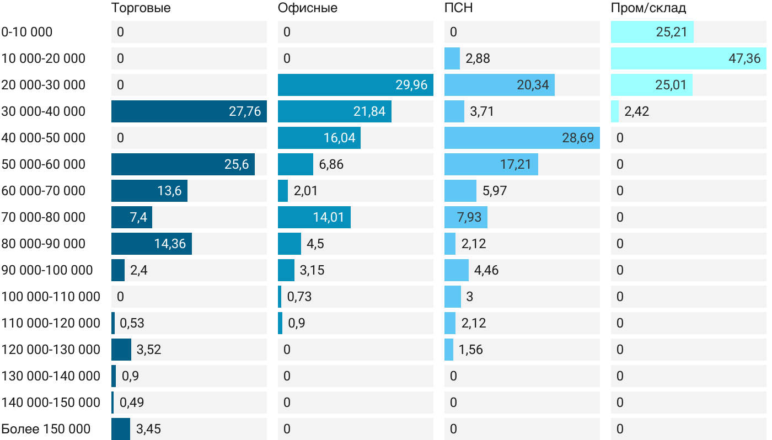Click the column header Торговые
[141, 8]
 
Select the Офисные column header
[308, 8]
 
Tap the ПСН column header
[459, 8]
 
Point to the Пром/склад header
[648, 8]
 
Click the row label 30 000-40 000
[44, 111]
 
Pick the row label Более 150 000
[46, 429]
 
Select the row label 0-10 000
[27, 32]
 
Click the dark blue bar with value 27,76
[189, 111]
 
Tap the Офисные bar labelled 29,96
[355, 85]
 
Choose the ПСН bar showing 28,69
[522, 138]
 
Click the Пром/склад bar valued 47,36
[688, 58]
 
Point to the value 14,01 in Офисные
[329, 217]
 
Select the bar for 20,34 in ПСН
[499, 85]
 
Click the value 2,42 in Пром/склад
[636, 111]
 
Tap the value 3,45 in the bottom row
[148, 429]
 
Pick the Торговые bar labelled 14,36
[151, 244]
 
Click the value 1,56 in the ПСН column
[470, 350]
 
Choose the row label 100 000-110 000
[51, 297]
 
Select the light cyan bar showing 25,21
[652, 32]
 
